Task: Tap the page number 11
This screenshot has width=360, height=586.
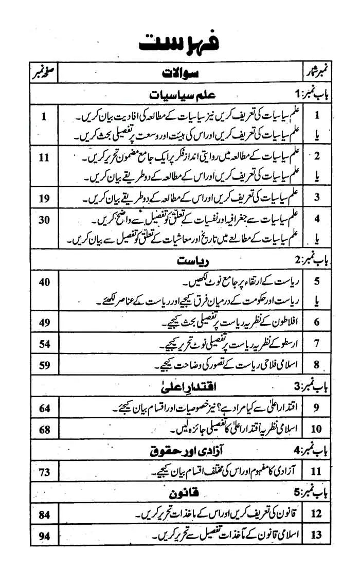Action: click(x=44, y=156)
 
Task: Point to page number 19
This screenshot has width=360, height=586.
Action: click(x=44, y=196)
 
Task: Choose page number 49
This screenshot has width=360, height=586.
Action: click(x=44, y=322)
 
